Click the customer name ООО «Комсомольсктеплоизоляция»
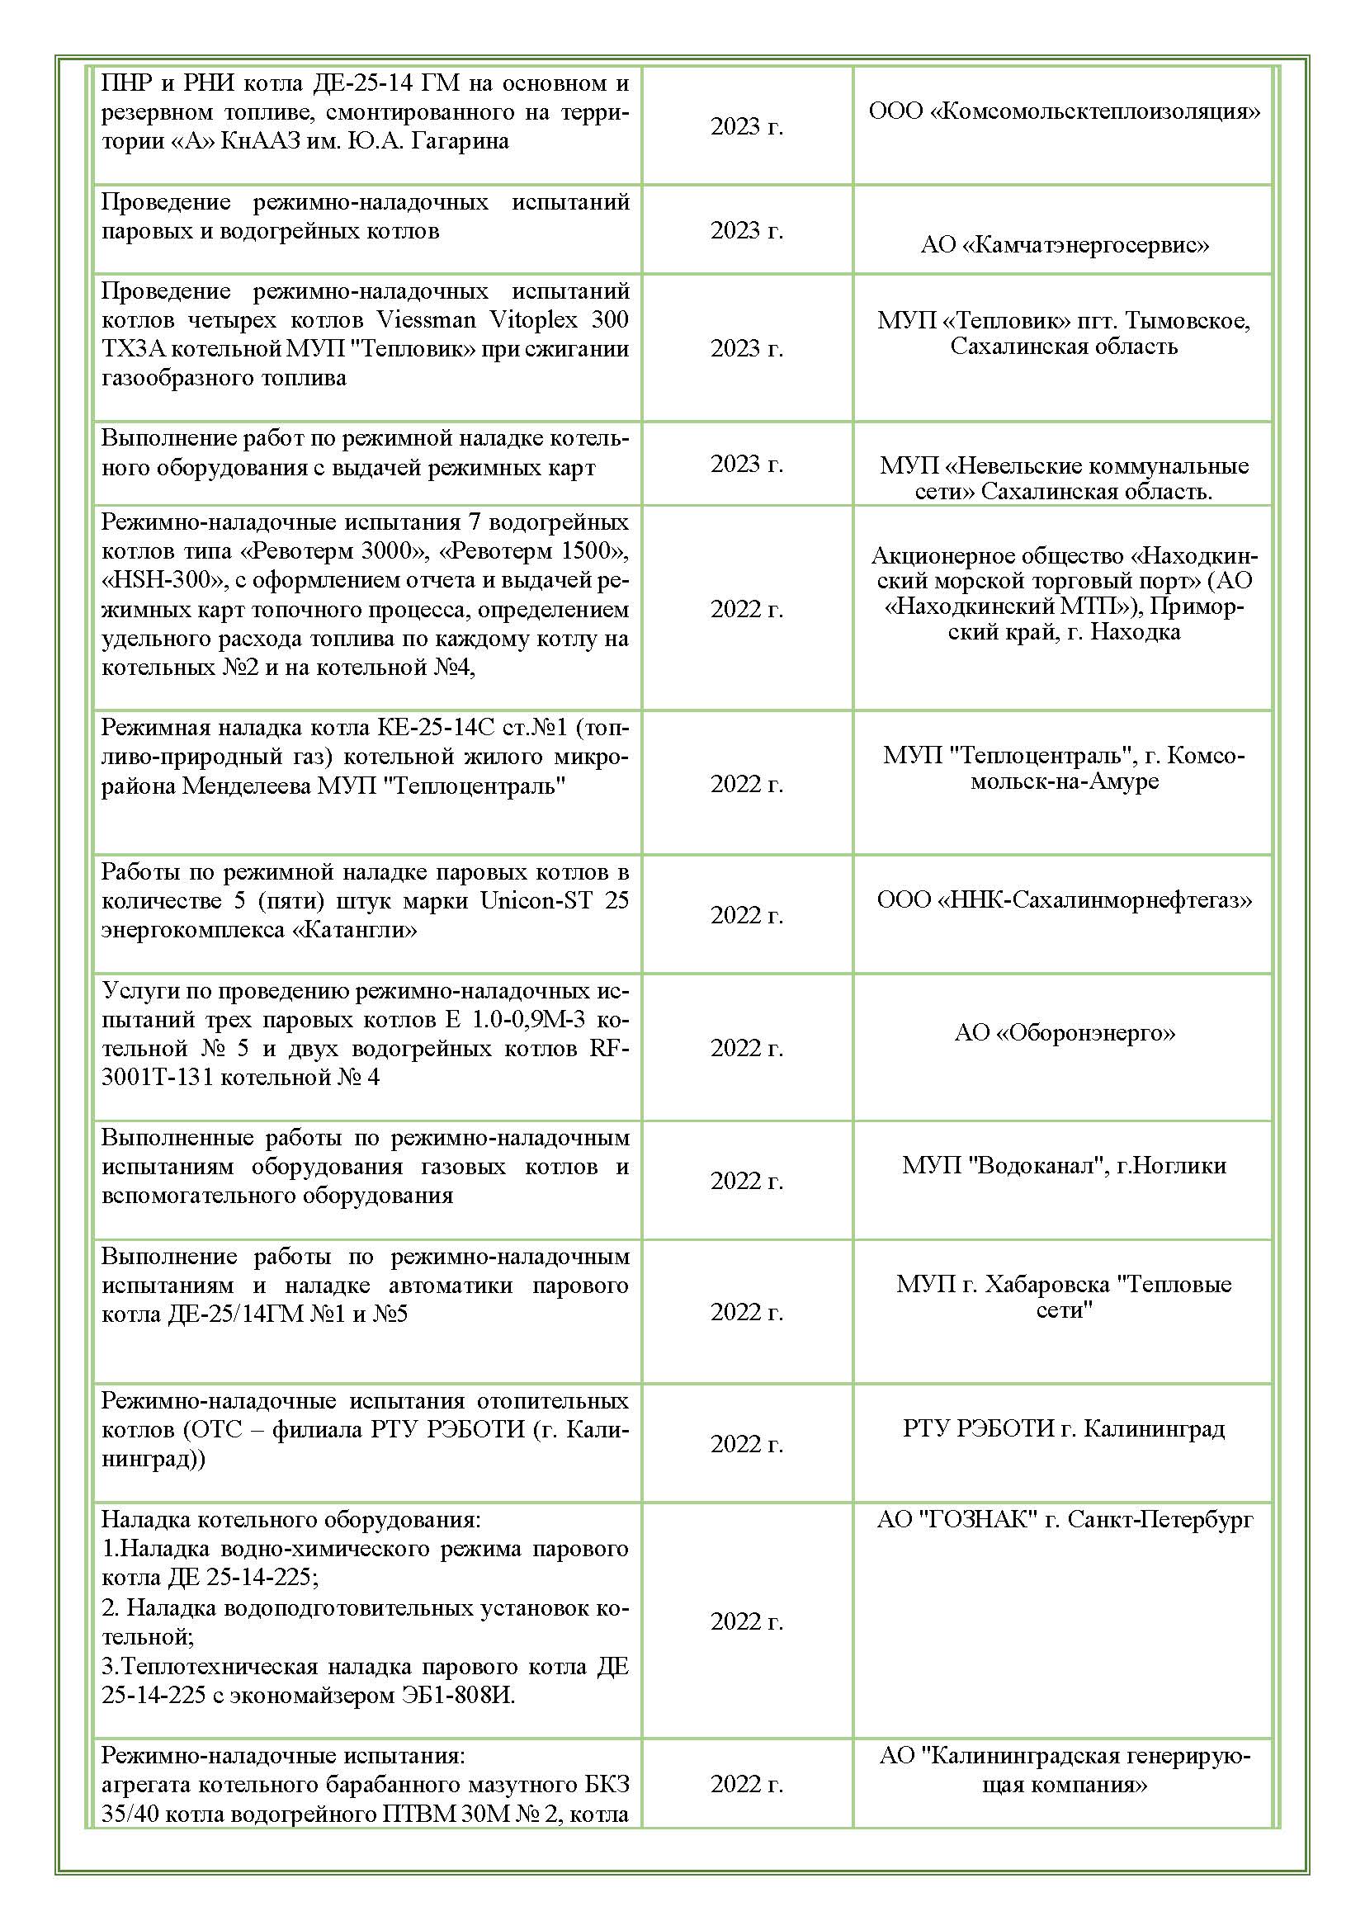point(1064,111)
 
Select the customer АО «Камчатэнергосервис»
point(1064,244)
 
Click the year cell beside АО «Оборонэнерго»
point(746,1047)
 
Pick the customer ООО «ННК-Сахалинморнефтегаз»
point(1064,900)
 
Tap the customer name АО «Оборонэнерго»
point(1064,1032)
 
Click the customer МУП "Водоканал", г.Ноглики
point(1064,1165)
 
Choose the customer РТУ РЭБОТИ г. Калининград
point(1064,1428)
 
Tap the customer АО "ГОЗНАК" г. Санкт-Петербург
point(1064,1519)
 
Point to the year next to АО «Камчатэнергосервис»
point(746,229)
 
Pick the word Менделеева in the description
point(246,786)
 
